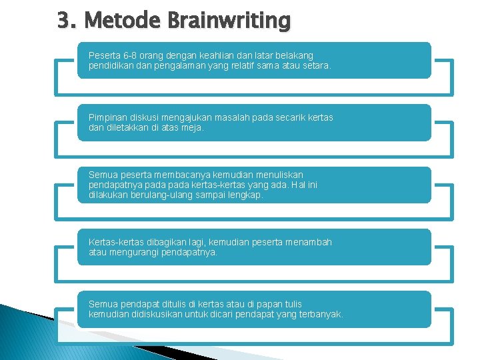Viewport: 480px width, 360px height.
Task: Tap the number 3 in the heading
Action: [x=64, y=21]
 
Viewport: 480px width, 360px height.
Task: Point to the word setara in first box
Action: [x=316, y=66]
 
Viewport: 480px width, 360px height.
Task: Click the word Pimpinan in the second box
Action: [x=107, y=117]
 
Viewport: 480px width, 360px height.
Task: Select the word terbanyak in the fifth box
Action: [x=321, y=314]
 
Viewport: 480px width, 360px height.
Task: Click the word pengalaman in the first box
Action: [x=173, y=66]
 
